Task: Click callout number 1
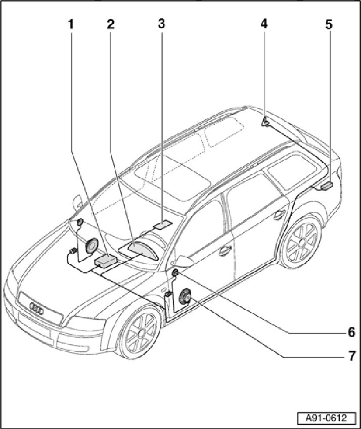click(71, 24)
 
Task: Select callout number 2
click(110, 24)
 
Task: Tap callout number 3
click(161, 24)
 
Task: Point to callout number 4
click(264, 24)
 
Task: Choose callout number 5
click(329, 24)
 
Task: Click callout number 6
click(351, 332)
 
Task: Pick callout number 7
click(351, 356)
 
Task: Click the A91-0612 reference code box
click(326, 418)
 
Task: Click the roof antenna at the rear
click(265, 122)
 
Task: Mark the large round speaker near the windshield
click(92, 246)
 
